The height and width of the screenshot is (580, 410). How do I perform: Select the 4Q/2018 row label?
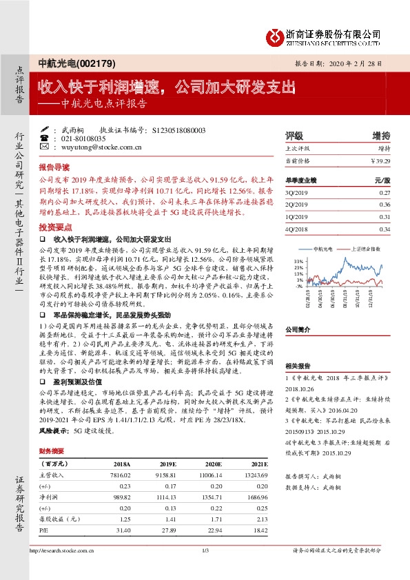[296, 229]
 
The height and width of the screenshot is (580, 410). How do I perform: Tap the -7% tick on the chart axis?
[298, 285]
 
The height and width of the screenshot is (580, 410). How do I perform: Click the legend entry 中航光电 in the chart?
[323, 248]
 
